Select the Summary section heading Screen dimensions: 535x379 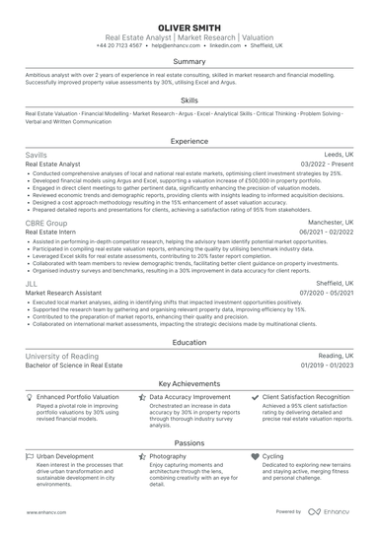(x=189, y=61)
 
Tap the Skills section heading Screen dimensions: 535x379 (x=189, y=100)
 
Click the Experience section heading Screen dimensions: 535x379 (x=189, y=141)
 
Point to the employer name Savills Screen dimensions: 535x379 (x=37, y=156)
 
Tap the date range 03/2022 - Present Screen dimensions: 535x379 (x=326, y=165)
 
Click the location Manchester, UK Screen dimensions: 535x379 (x=331, y=223)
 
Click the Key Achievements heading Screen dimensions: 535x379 (x=189, y=382)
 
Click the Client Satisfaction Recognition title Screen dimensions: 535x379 (x=307, y=397)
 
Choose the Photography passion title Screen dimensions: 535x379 (x=168, y=457)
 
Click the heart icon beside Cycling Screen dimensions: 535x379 (x=257, y=457)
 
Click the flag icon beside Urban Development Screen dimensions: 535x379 (x=30, y=457)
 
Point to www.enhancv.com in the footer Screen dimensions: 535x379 (x=45, y=512)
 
